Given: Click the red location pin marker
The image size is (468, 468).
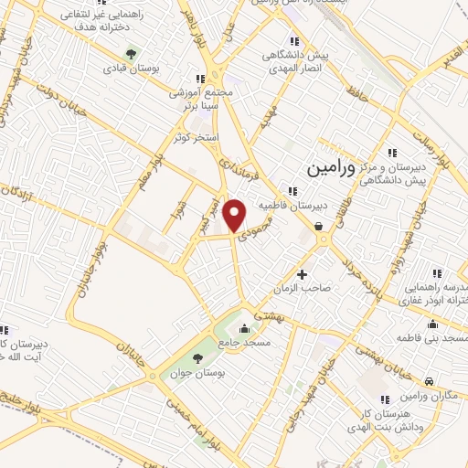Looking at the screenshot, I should coord(237,215).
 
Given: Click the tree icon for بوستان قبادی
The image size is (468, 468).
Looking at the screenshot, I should coord(131,53).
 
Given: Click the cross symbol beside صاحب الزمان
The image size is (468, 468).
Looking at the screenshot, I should coord(303,274).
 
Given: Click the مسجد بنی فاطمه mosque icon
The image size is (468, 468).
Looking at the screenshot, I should coord(431,324).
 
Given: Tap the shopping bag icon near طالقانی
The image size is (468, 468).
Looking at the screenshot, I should coord(317,225).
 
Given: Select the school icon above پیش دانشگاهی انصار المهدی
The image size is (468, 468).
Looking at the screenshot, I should coord(293,40).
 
